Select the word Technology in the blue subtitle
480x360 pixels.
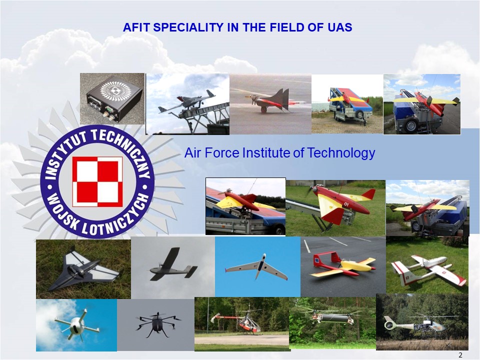340,153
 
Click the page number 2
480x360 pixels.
460,355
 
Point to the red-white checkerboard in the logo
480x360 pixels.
97,182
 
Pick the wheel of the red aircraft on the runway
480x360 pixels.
264,109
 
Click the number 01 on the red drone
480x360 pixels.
346,204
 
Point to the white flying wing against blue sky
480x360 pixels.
256,267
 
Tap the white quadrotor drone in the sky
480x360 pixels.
76,325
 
